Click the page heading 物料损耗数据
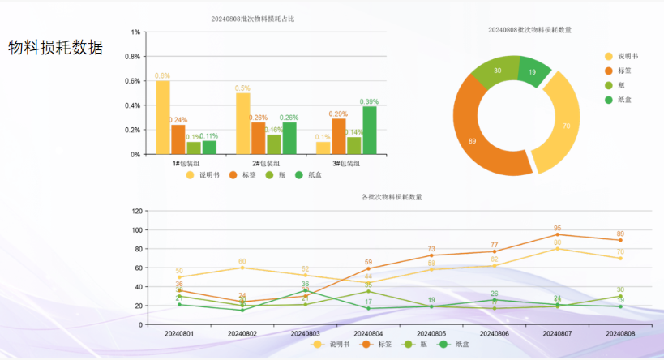56,47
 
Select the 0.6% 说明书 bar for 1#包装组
163,117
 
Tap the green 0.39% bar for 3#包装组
369,130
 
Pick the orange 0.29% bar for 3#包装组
338,136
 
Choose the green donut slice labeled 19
532,71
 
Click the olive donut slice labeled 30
497,71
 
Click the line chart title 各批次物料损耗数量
392,197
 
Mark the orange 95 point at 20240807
558,234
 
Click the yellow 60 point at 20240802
242,268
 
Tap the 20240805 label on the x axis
431,333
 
